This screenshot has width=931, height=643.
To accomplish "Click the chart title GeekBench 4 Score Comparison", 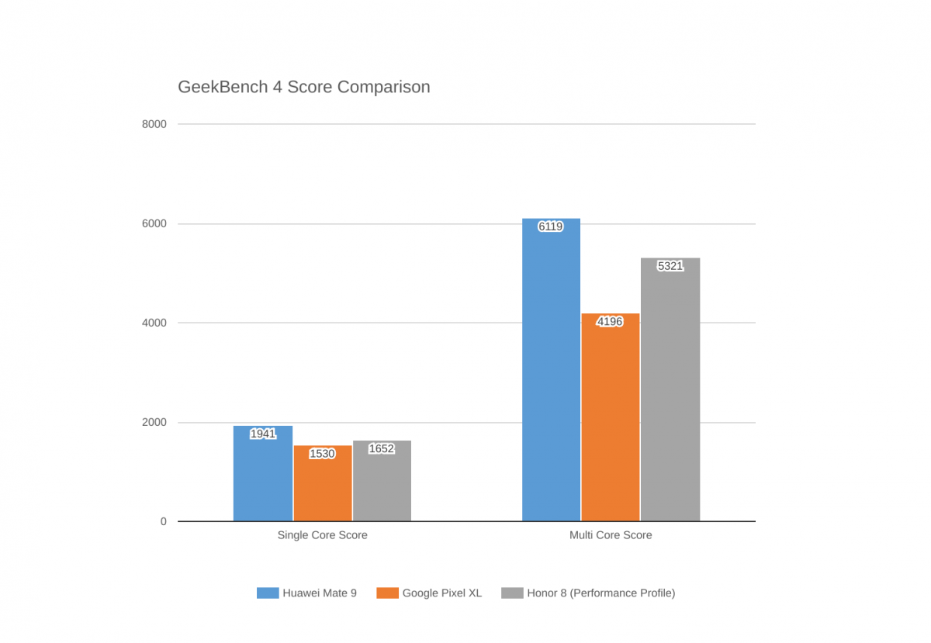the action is click(x=304, y=87).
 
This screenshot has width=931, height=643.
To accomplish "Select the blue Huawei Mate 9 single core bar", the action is click(x=263, y=473).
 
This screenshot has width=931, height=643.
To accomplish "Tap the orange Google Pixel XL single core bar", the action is click(x=323, y=483).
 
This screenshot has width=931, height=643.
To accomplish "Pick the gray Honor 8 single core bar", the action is click(x=382, y=481).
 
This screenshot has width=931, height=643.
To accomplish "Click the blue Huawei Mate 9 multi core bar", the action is click(x=551, y=370).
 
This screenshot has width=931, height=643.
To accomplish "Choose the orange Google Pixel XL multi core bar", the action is click(x=610, y=417).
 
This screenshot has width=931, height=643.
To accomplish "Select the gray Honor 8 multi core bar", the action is click(x=670, y=389).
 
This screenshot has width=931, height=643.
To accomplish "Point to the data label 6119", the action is click(x=550, y=226).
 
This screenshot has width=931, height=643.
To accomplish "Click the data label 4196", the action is click(x=610, y=321).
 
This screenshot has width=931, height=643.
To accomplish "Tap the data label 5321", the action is click(x=670, y=266).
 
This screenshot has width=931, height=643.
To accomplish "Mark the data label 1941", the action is click(x=263, y=434).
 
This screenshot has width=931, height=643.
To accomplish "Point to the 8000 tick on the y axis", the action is click(x=154, y=124).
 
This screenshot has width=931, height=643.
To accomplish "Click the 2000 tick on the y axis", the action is click(x=154, y=422).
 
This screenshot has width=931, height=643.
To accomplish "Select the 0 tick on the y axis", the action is click(x=164, y=522).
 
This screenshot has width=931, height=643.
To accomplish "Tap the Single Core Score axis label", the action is click(x=323, y=535).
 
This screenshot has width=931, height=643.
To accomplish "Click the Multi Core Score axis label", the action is click(x=611, y=535).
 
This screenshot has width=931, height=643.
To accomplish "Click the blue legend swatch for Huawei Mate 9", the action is click(x=268, y=593).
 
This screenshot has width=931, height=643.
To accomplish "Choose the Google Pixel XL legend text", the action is click(x=442, y=593).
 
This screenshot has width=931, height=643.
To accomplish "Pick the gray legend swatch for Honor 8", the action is click(x=512, y=593).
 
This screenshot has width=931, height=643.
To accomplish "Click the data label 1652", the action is click(x=382, y=449).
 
